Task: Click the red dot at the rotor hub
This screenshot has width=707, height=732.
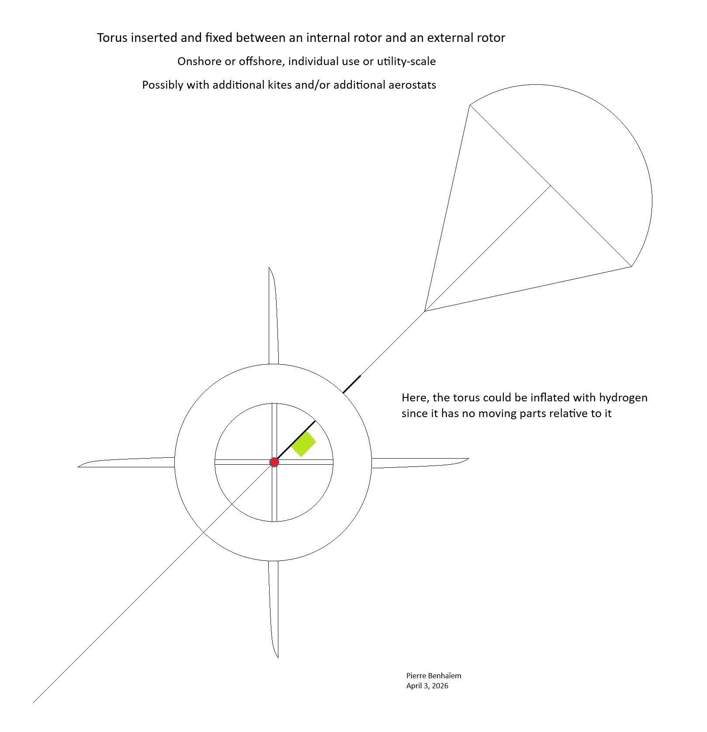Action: pyautogui.click(x=274, y=462)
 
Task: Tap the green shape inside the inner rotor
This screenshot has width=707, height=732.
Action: pyautogui.click(x=303, y=444)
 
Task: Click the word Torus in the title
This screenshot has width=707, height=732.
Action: pyautogui.click(x=112, y=38)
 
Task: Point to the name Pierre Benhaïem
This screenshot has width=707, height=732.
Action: pyautogui.click(x=433, y=676)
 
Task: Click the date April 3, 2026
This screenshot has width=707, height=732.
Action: pyautogui.click(x=427, y=686)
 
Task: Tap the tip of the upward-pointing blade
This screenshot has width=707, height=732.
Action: pyautogui.click(x=269, y=268)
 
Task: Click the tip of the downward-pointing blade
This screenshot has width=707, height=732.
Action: pyautogui.click(x=277, y=656)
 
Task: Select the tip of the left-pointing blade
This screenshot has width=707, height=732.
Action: pyautogui.click(x=79, y=466)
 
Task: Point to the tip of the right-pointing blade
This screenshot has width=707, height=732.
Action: pyautogui.click(x=468, y=459)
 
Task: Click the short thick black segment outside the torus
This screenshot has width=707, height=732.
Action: pyautogui.click(x=352, y=384)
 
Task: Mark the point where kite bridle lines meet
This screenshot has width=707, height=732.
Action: pyautogui.click(x=425, y=311)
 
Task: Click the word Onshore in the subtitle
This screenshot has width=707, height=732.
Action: pyautogui.click(x=199, y=62)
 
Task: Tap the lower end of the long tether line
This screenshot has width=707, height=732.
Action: pyautogui.click(x=34, y=702)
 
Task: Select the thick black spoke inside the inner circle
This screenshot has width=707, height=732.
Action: pyautogui.click(x=295, y=441)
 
